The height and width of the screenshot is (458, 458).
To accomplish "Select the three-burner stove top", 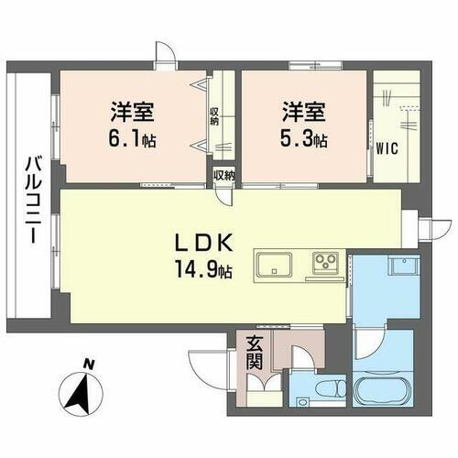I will coord(326,263).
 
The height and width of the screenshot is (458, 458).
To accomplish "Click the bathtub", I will coord(381,395).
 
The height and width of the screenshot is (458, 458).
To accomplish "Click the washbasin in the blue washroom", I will coord(403,267).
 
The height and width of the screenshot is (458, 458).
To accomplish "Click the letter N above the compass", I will coord(89,365).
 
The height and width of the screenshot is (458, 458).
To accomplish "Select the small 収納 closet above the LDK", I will coord(224,175).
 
